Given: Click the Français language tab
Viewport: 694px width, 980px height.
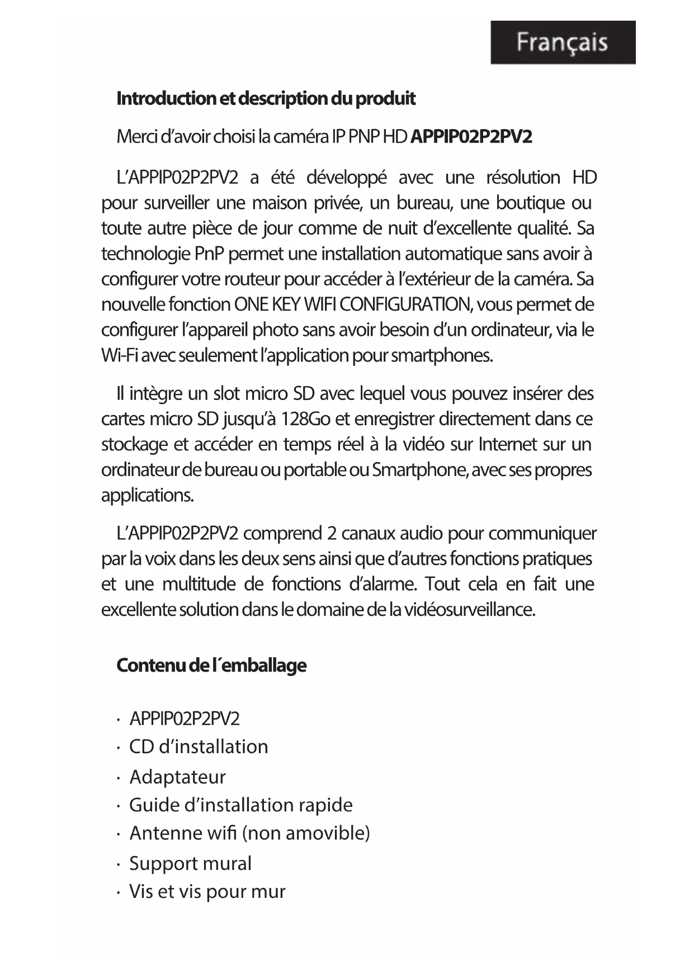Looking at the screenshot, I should tap(563, 42).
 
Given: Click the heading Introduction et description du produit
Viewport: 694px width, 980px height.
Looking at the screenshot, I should tap(266, 99).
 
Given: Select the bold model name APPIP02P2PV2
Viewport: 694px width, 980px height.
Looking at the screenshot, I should tap(471, 137).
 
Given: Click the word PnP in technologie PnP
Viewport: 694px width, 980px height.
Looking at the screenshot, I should tap(210, 254).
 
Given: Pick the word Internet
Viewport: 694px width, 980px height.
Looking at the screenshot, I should tap(508, 445).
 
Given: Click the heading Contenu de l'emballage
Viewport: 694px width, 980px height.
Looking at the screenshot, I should tap(211, 665).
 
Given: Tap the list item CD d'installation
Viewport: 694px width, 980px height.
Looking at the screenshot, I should tap(199, 747).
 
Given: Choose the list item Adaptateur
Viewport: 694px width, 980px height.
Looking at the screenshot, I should tap(177, 777).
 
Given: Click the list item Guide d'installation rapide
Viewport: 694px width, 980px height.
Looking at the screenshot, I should tap(240, 805).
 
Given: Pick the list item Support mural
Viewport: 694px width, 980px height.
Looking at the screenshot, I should tap(190, 864).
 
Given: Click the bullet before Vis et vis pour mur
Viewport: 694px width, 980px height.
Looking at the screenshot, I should tap(119, 893).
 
